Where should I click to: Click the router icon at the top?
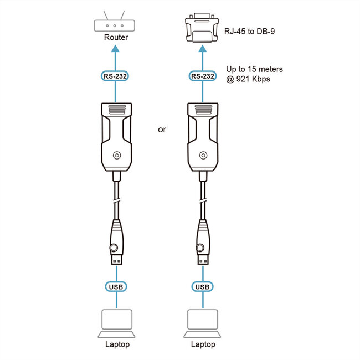click(116, 25)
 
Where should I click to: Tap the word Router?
click(116, 38)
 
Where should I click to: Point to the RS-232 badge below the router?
click(116, 76)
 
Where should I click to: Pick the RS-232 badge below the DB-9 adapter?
click(202, 76)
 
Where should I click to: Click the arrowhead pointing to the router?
click(116, 49)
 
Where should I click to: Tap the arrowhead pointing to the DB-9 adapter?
click(202, 49)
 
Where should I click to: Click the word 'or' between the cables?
click(162, 130)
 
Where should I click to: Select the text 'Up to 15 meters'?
click(254, 69)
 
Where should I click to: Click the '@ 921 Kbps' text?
click(248, 79)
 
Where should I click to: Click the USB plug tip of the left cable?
click(117, 259)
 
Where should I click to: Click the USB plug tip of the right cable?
click(202, 259)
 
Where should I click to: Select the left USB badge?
click(116, 286)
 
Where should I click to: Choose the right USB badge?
click(202, 286)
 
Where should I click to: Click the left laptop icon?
click(117, 323)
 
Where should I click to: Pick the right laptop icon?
click(202, 323)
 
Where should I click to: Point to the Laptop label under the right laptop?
click(203, 344)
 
